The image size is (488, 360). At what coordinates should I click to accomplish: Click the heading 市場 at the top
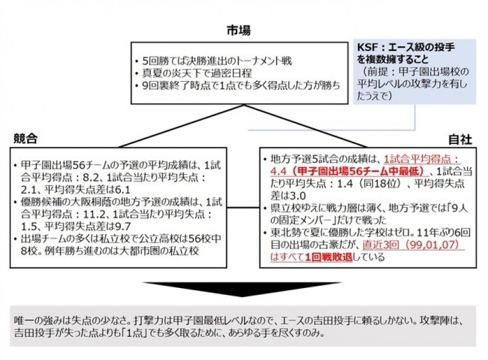tap(238, 31)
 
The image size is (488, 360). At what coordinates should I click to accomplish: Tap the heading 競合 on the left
tap(26, 139)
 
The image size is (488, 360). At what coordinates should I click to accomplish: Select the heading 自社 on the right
tap(460, 139)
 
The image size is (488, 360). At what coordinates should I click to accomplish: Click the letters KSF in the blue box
tap(367, 47)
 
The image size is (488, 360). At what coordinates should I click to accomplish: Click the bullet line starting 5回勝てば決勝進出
tap(214, 61)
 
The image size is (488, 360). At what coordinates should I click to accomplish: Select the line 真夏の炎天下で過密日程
tap(194, 73)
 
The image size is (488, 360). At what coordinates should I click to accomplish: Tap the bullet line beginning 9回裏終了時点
tap(238, 86)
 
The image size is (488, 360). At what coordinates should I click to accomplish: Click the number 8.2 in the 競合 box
tap(90, 177)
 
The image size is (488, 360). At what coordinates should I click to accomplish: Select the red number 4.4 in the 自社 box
tap(278, 171)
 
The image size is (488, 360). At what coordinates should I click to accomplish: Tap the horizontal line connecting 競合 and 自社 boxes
tap(243, 207)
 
